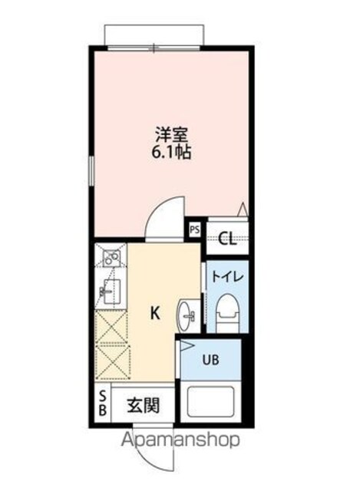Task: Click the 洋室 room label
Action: coord(172,135)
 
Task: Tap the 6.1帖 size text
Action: coord(171,153)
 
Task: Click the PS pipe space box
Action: coord(194,230)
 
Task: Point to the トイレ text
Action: coord(227,277)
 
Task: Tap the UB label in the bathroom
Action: coord(210,360)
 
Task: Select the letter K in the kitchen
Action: coord(155,313)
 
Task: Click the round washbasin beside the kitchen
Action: coord(186,315)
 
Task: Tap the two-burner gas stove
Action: coord(111,258)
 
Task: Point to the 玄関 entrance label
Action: coord(144,406)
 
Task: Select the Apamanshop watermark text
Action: coord(180,440)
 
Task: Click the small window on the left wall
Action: coord(91,172)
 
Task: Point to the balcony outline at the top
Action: coord(155,35)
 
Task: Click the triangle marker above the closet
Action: coord(243,209)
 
